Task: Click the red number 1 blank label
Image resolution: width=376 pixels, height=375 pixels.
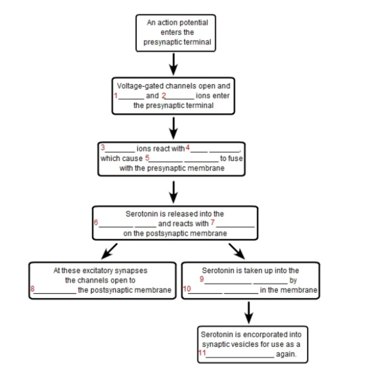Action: tap(116, 95)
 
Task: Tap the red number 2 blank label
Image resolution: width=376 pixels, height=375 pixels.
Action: tap(164, 95)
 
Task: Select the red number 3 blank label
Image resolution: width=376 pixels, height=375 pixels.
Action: tap(103, 147)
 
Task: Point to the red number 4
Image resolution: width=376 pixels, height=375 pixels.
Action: tap(187, 147)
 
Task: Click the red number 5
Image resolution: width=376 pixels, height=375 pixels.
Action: tap(147, 158)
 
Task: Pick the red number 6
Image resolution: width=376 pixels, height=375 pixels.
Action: tap(96, 223)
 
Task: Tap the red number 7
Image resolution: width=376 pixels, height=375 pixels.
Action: tap(213, 222)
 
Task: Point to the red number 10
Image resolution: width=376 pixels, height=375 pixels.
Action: tap(186, 290)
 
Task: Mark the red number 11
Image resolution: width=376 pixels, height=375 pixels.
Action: tap(202, 353)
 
